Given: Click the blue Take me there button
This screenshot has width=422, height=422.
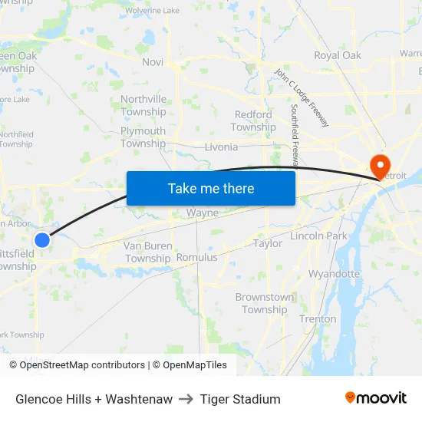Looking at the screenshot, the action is click(211, 188).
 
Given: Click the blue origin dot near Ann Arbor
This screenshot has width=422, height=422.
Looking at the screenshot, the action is click(42, 240).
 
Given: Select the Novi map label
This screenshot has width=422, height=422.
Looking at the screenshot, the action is click(153, 61).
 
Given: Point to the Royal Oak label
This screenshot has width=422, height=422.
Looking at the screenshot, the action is click(338, 55).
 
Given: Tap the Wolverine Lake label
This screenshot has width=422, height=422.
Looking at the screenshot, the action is click(152, 11).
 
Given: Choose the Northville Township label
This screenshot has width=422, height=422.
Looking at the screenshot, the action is click(143, 106).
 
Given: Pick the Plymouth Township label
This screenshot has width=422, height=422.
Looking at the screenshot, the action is click(143, 137).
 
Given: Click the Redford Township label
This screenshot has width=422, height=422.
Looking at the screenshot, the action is click(253, 121).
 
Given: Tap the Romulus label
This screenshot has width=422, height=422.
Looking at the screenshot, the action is click(197, 258).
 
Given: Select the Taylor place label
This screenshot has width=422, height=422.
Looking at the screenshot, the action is click(268, 243).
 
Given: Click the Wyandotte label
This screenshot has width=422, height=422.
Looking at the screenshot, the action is click(335, 274).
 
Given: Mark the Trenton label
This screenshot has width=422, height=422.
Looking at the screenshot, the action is click(318, 318).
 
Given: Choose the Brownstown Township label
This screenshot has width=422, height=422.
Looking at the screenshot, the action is click(265, 304).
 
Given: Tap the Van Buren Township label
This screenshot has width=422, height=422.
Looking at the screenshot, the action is click(148, 252).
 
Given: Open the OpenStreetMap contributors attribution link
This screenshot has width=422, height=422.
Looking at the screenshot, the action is click(82, 365).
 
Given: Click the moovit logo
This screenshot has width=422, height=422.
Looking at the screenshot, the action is click(376, 398).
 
